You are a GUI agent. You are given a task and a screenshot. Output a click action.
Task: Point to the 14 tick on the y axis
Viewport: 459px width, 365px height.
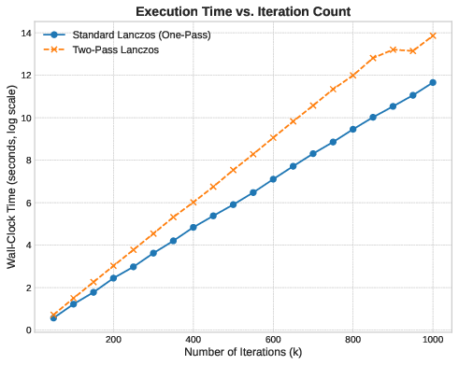coord(28,33)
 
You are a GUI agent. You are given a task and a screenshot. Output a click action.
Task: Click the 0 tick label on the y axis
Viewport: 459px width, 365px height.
coord(30,330)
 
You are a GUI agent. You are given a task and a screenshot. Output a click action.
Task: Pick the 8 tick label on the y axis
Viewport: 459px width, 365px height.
coord(30,161)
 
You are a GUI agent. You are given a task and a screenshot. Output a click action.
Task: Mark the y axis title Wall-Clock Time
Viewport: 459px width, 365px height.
coord(11,182)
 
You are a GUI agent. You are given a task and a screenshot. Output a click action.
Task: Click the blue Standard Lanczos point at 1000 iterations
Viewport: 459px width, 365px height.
coord(433,82)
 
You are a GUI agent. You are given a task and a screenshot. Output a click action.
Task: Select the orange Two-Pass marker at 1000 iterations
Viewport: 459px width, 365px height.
coord(433,35)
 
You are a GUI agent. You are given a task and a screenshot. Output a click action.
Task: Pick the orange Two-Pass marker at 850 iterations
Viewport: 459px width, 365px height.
coord(373,58)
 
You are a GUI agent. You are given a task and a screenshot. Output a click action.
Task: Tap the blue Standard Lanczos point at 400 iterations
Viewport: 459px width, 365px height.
coord(194,227)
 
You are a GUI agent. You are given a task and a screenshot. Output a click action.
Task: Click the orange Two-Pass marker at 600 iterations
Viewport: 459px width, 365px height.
coord(273,138)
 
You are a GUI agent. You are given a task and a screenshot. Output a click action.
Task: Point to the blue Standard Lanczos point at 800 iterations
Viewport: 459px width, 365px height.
coord(353,129)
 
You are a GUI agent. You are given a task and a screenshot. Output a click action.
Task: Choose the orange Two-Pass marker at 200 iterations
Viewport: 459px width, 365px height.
coord(113,266)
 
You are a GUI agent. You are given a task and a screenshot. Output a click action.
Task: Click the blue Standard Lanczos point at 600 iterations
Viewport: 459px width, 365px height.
coord(273,179)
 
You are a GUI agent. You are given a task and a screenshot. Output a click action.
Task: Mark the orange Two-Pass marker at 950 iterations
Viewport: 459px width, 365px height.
coord(413,50)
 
